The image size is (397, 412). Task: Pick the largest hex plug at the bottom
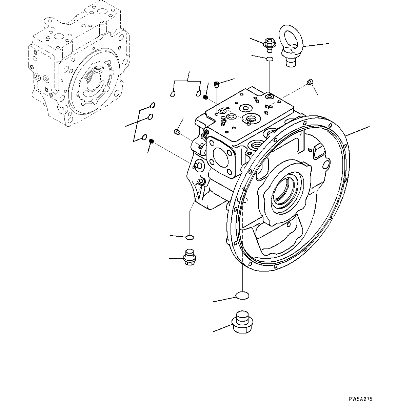point(242,323)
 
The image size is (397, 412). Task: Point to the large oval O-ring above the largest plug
point(242,296)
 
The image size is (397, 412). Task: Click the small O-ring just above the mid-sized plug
point(190,237)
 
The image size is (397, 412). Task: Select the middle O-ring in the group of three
point(151,117)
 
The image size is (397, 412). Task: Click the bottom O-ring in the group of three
point(144,137)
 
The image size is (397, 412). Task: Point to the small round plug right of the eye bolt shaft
point(309,82)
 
